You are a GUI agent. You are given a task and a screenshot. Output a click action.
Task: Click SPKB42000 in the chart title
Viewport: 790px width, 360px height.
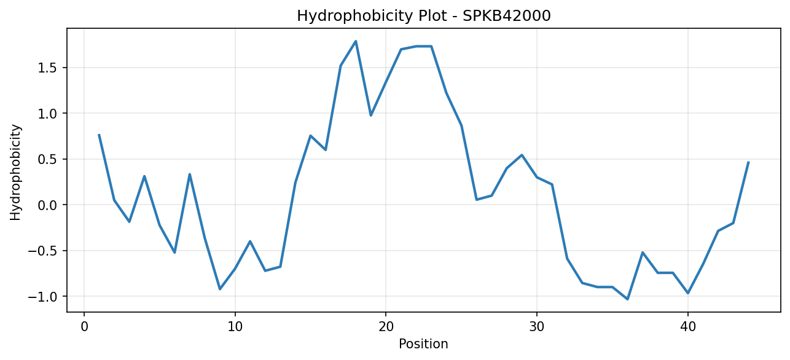pyautogui.click(x=507, y=16)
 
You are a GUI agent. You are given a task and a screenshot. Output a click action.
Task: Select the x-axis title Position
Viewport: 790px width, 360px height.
pyautogui.click(x=423, y=344)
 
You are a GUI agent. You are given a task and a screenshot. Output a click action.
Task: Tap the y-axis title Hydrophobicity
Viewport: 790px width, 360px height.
pyautogui.click(x=15, y=173)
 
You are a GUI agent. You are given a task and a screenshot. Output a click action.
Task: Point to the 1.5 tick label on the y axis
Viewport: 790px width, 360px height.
pyautogui.click(x=47, y=68)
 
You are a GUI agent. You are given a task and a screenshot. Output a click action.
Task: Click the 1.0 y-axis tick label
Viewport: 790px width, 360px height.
pyautogui.click(x=47, y=113)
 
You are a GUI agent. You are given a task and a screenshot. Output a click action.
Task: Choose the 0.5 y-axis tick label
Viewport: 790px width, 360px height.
pyautogui.click(x=47, y=159)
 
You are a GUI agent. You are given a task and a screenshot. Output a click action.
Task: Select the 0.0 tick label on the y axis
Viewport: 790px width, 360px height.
pyautogui.click(x=47, y=205)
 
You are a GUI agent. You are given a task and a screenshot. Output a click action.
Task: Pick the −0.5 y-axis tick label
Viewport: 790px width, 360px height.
pyautogui.click(x=42, y=251)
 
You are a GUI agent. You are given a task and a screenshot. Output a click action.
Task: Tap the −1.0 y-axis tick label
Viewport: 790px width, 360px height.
pyautogui.click(x=42, y=297)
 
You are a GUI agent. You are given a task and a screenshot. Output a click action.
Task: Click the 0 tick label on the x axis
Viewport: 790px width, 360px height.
pyautogui.click(x=84, y=327)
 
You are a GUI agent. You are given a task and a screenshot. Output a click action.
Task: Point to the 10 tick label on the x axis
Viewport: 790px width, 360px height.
pyautogui.click(x=235, y=327)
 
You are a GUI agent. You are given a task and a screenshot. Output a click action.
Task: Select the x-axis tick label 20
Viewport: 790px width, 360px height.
pyautogui.click(x=386, y=327)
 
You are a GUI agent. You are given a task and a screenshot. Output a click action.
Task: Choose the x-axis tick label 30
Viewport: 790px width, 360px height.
pyautogui.click(x=537, y=327)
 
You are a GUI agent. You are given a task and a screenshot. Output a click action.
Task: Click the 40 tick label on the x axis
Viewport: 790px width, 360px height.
pyautogui.click(x=688, y=327)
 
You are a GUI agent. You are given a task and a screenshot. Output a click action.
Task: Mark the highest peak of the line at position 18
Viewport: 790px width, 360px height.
pyautogui.click(x=356, y=41)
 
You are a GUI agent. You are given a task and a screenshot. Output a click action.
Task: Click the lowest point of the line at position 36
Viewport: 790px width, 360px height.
pyautogui.click(x=627, y=299)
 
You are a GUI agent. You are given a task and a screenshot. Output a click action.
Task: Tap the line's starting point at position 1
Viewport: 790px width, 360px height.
pyautogui.click(x=99, y=135)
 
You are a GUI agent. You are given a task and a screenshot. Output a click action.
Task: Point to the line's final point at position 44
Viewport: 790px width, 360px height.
pyautogui.click(x=748, y=162)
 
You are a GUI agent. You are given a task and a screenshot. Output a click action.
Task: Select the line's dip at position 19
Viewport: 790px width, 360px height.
pyautogui.click(x=370, y=115)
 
